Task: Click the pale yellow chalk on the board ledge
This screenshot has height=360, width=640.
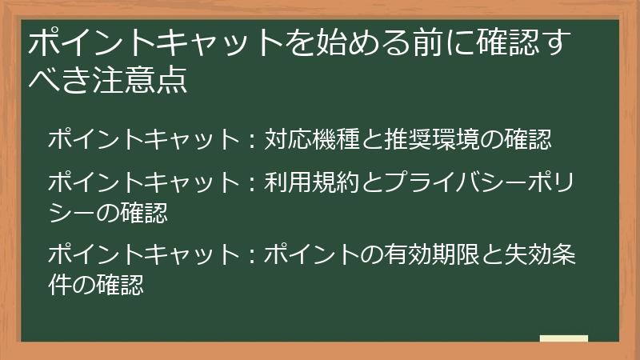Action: pyautogui.click(x=563, y=339)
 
